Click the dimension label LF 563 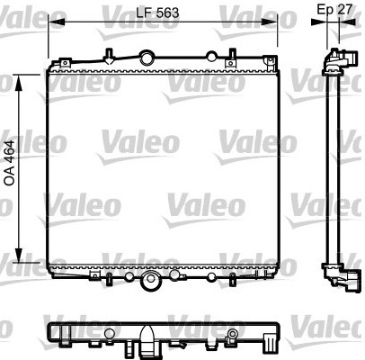pos(157,13)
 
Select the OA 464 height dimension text pos(9,163)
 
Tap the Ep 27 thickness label pos(334,10)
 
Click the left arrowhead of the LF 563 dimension pos(57,22)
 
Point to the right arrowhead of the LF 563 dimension pos(269,22)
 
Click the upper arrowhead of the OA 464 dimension pos(19,83)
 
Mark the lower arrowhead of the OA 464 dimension pos(19,256)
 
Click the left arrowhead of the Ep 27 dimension pos(318,22)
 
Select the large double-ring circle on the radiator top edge pos(147,58)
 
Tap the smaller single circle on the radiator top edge pos(211,57)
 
